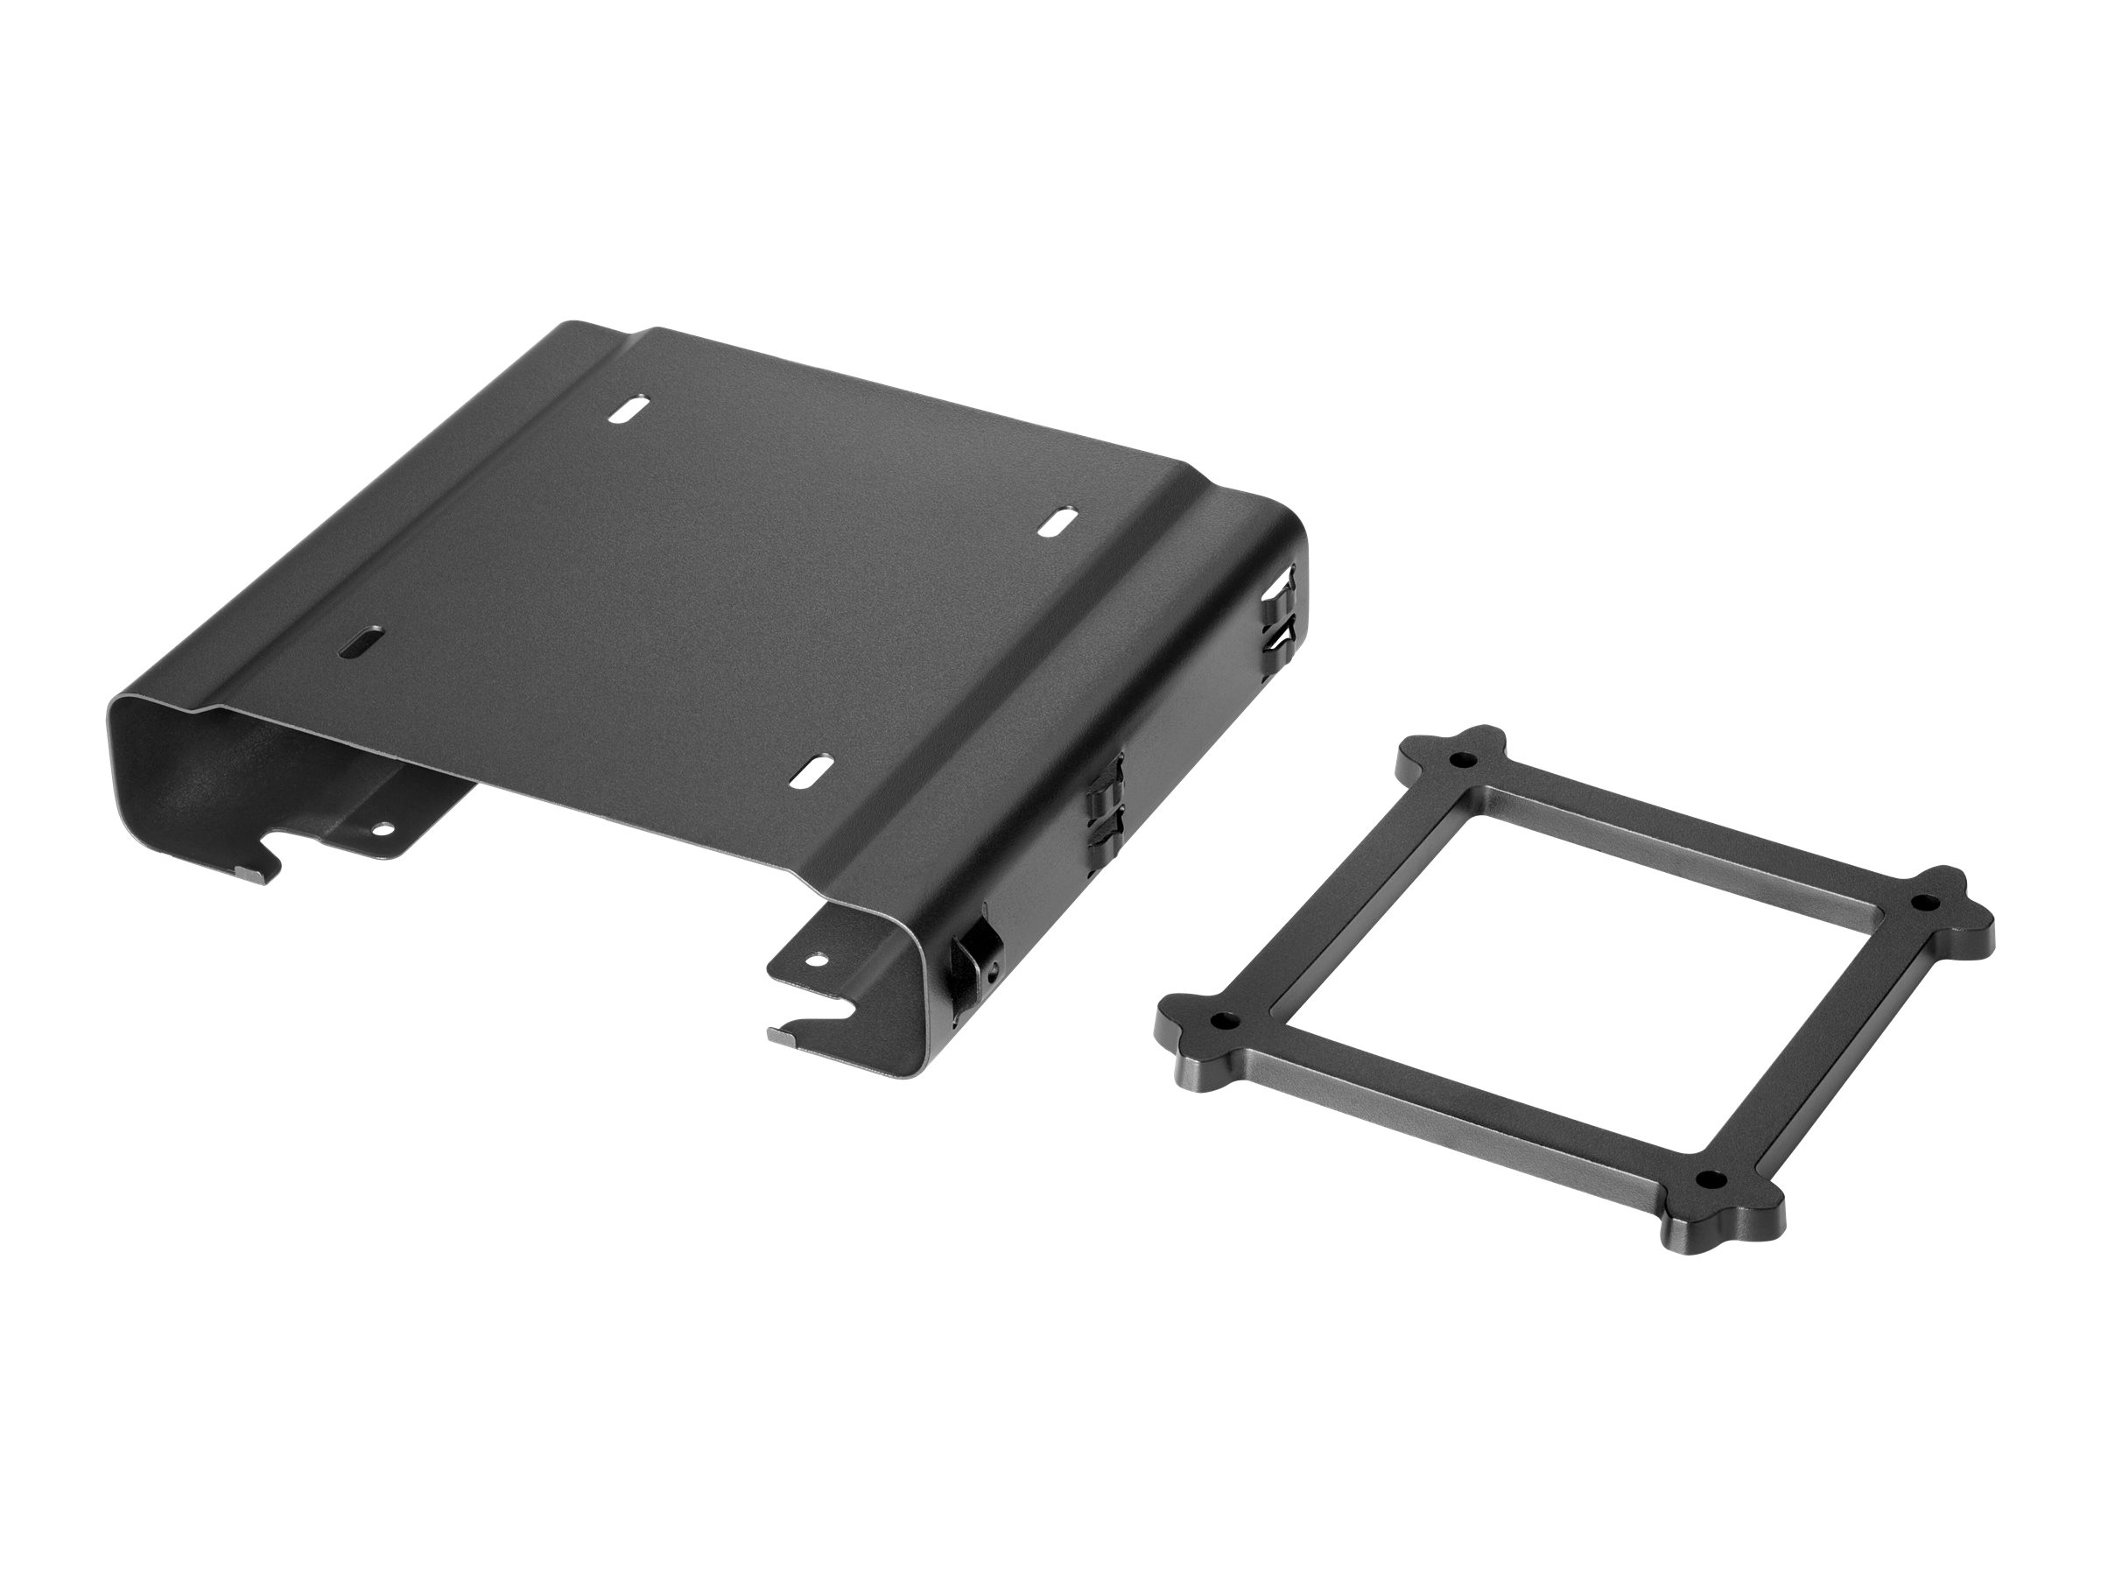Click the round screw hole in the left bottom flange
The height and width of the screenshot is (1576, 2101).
tap(383, 828)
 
